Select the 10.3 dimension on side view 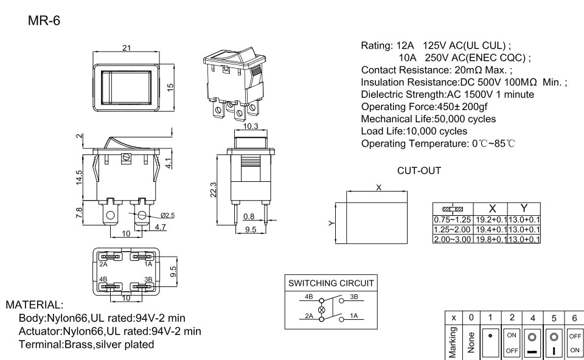(x=250, y=126)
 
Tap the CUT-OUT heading (x=419, y=171)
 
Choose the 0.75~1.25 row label (x=449, y=220)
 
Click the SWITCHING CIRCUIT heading (x=331, y=283)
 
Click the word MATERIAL (x=34, y=304)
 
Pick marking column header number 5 (x=554, y=317)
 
